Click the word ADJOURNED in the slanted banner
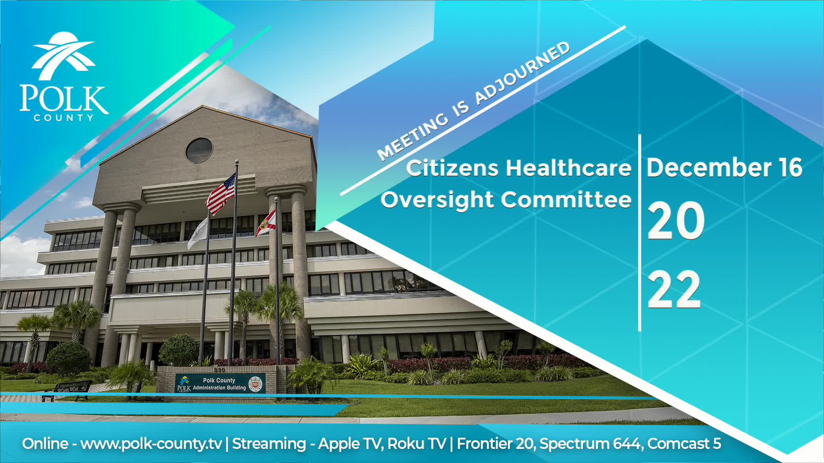pyautogui.click(x=522, y=73)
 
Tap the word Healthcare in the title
pyautogui.click(x=568, y=168)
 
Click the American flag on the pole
pyautogui.click(x=221, y=194)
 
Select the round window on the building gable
pyautogui.click(x=199, y=150)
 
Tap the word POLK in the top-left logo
pyautogui.click(x=64, y=99)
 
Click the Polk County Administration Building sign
pyautogui.click(x=219, y=384)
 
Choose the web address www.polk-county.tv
pyautogui.click(x=151, y=444)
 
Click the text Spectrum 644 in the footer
pyautogui.click(x=591, y=444)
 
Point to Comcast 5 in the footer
pyautogui.click(x=684, y=444)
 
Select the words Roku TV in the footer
pyautogui.click(x=416, y=444)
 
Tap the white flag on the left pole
pyautogui.click(x=198, y=234)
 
